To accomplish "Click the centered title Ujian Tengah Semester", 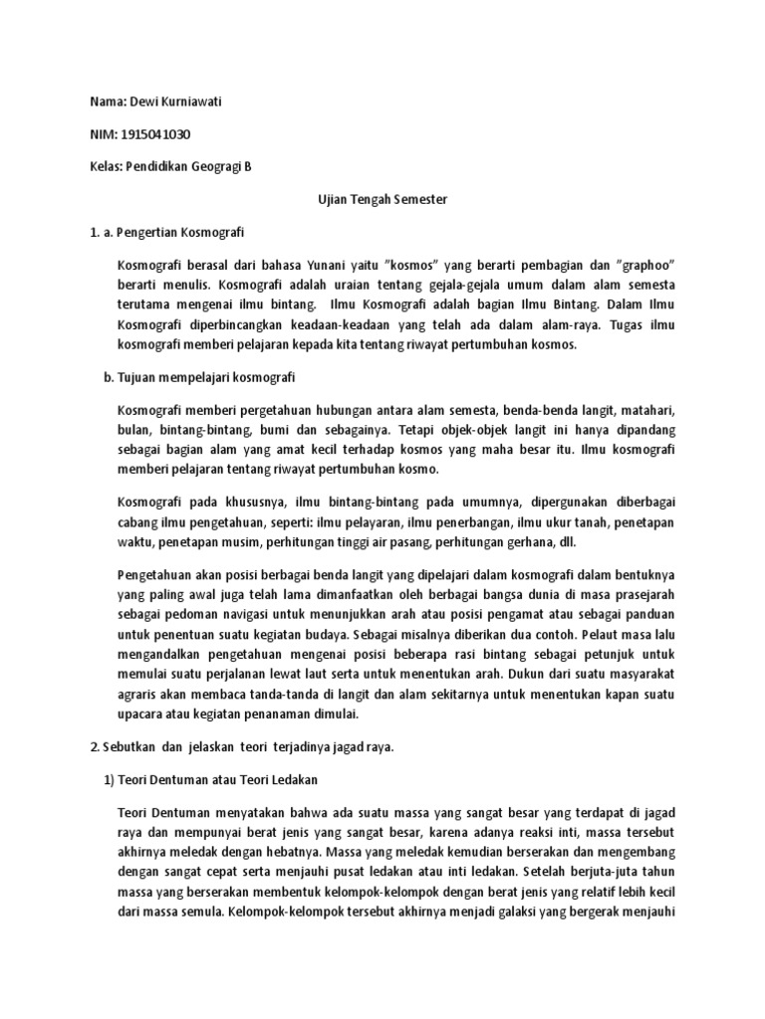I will point(382,199).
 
